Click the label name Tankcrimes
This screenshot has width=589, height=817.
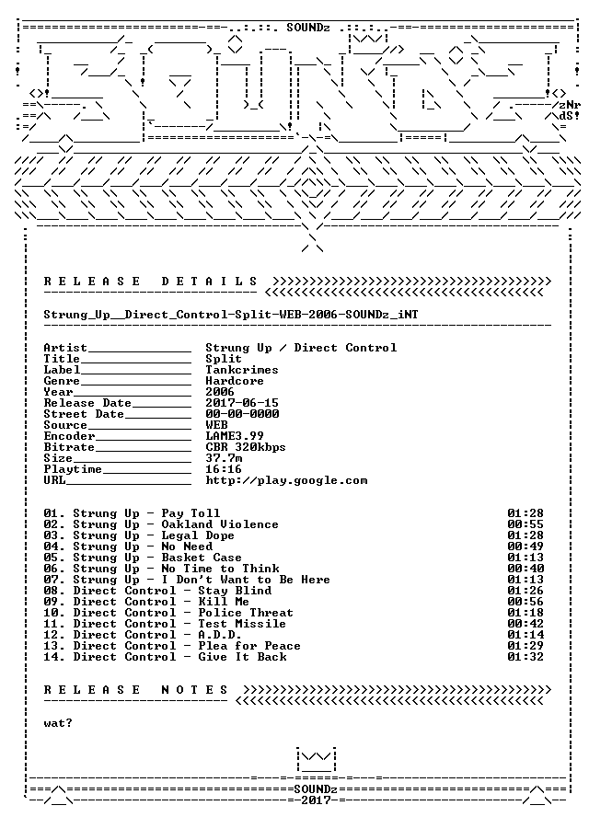pos(242,370)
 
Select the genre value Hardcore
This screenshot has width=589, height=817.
pos(235,381)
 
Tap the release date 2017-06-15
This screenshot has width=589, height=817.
pos(242,403)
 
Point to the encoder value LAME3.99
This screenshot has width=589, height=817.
pos(235,435)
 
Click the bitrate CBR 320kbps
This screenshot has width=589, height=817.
pos(246,447)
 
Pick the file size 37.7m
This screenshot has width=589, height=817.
pos(224,458)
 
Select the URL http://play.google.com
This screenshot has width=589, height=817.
pos(286,480)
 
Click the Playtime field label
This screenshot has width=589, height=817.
pos(73,469)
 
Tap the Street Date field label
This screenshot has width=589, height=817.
pos(84,414)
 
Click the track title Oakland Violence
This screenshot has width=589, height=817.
pos(219,524)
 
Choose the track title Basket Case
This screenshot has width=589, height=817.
pos(202,558)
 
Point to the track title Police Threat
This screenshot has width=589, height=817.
pos(246,613)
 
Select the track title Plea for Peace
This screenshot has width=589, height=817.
pos(249,646)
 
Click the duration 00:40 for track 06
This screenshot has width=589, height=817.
pos(525,569)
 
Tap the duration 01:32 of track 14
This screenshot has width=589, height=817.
pos(525,657)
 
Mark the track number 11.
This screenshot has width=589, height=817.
pos(52,624)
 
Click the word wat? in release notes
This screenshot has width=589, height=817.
pos(58,723)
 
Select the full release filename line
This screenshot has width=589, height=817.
pos(231,315)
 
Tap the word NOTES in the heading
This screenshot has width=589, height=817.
pos(194,690)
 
